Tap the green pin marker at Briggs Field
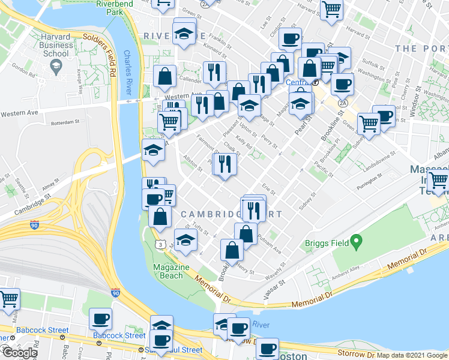click(x=356, y=242)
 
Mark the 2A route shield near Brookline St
click(x=343, y=103)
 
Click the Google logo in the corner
click(x=20, y=353)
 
